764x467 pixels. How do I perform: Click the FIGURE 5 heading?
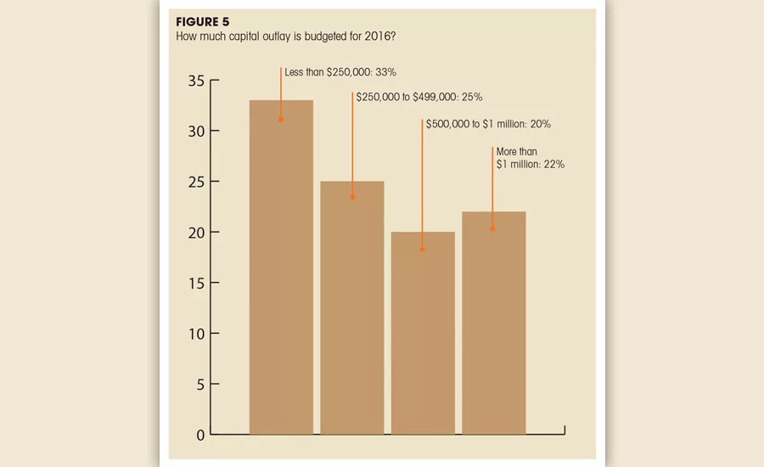pos(202,22)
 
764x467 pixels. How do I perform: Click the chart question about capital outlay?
pos(286,37)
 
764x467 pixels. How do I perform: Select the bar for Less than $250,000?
pos(281,267)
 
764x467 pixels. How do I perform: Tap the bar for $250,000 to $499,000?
pos(351,307)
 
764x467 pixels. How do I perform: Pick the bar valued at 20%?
pos(423,333)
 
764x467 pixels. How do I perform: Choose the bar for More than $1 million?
pos(493,323)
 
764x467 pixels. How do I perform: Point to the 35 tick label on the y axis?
pos(196,81)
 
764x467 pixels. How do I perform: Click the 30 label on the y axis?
pos(196,132)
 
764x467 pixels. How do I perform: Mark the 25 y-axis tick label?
pos(196,183)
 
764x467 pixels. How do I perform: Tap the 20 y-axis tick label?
pos(196,233)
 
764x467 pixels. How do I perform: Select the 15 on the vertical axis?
pos(196,284)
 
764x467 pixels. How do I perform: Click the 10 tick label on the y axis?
pos(196,335)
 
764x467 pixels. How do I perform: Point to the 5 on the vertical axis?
pos(200,385)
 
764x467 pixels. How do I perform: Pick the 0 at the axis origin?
pos(200,436)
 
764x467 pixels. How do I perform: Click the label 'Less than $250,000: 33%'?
pos(340,72)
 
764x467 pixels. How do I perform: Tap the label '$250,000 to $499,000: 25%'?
pos(419,97)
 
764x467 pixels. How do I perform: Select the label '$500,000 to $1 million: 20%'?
pos(488,124)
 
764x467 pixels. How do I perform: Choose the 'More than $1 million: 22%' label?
pos(530,158)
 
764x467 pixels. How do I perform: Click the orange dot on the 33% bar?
pos(281,120)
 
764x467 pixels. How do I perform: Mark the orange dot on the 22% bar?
pos(492,229)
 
